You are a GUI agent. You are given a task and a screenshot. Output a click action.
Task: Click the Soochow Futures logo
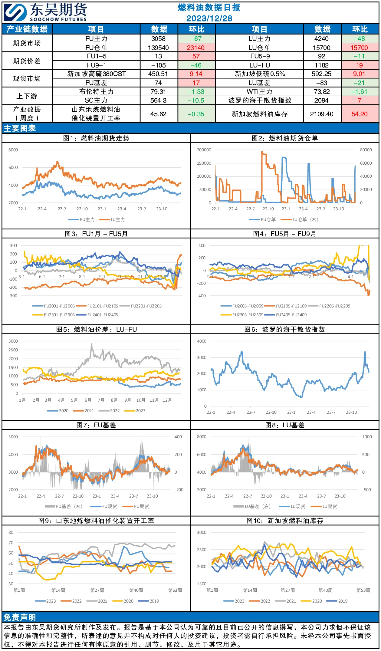(45, 12)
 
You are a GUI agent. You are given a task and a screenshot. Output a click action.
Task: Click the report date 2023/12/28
(209, 18)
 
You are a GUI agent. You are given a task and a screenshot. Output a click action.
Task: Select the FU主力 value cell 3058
(158, 39)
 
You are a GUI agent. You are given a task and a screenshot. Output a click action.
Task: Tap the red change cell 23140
(196, 48)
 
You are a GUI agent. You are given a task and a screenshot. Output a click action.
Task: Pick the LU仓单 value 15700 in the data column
(321, 48)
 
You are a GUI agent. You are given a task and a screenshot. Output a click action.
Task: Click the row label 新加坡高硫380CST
(96, 74)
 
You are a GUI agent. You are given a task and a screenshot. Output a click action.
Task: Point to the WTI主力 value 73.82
(322, 92)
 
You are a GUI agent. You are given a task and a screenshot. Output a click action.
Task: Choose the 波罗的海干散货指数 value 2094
(321, 100)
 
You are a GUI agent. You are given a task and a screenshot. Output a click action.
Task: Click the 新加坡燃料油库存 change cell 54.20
(360, 114)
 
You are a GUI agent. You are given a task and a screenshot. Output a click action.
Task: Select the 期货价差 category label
(27, 61)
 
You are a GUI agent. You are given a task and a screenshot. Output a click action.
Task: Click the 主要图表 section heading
(20, 128)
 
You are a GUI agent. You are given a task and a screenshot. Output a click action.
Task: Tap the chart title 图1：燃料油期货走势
(96, 138)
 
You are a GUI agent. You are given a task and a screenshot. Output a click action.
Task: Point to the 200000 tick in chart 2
(204, 150)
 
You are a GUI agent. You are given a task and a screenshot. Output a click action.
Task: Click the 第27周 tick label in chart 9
(97, 590)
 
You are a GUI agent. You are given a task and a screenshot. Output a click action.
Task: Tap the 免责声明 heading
(20, 617)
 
